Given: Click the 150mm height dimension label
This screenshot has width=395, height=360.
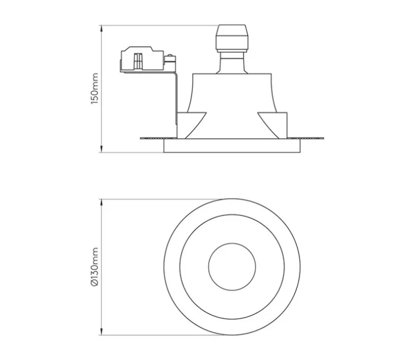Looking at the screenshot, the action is click(95, 89).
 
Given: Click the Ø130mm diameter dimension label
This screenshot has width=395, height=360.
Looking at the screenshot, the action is click(95, 267).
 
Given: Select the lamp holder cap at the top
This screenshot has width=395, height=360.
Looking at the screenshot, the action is click(232, 38).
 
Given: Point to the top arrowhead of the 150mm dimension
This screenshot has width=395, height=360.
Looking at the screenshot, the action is click(101, 28).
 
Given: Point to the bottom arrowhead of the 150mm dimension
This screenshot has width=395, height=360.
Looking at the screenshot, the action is click(101, 149).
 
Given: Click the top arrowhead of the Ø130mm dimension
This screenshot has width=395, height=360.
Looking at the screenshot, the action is click(101, 202).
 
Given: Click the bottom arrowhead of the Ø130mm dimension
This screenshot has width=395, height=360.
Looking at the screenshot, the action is click(101, 332).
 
